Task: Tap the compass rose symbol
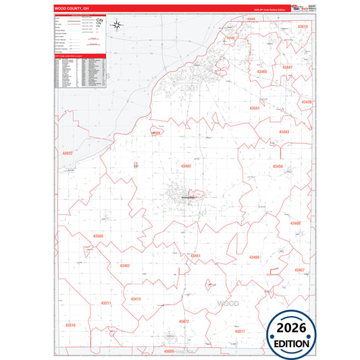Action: pos(116,26)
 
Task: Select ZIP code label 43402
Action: pos(186,165)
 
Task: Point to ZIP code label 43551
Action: pos(255,108)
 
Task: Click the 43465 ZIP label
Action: pos(261,72)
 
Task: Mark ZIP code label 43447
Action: pos(287,68)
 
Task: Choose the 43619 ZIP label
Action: pos(303,26)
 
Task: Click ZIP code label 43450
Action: pos(278,166)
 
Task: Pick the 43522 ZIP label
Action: pos(67,153)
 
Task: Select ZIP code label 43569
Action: pos(98,236)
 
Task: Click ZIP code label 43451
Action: pos(195,255)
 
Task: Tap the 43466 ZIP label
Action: pos(254,257)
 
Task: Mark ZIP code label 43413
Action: pos(136,299)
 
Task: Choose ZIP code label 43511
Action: pos(106,303)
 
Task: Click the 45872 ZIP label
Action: pos(184,322)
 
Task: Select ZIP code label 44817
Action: pos(240,332)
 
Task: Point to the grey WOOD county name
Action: pos(228,304)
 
